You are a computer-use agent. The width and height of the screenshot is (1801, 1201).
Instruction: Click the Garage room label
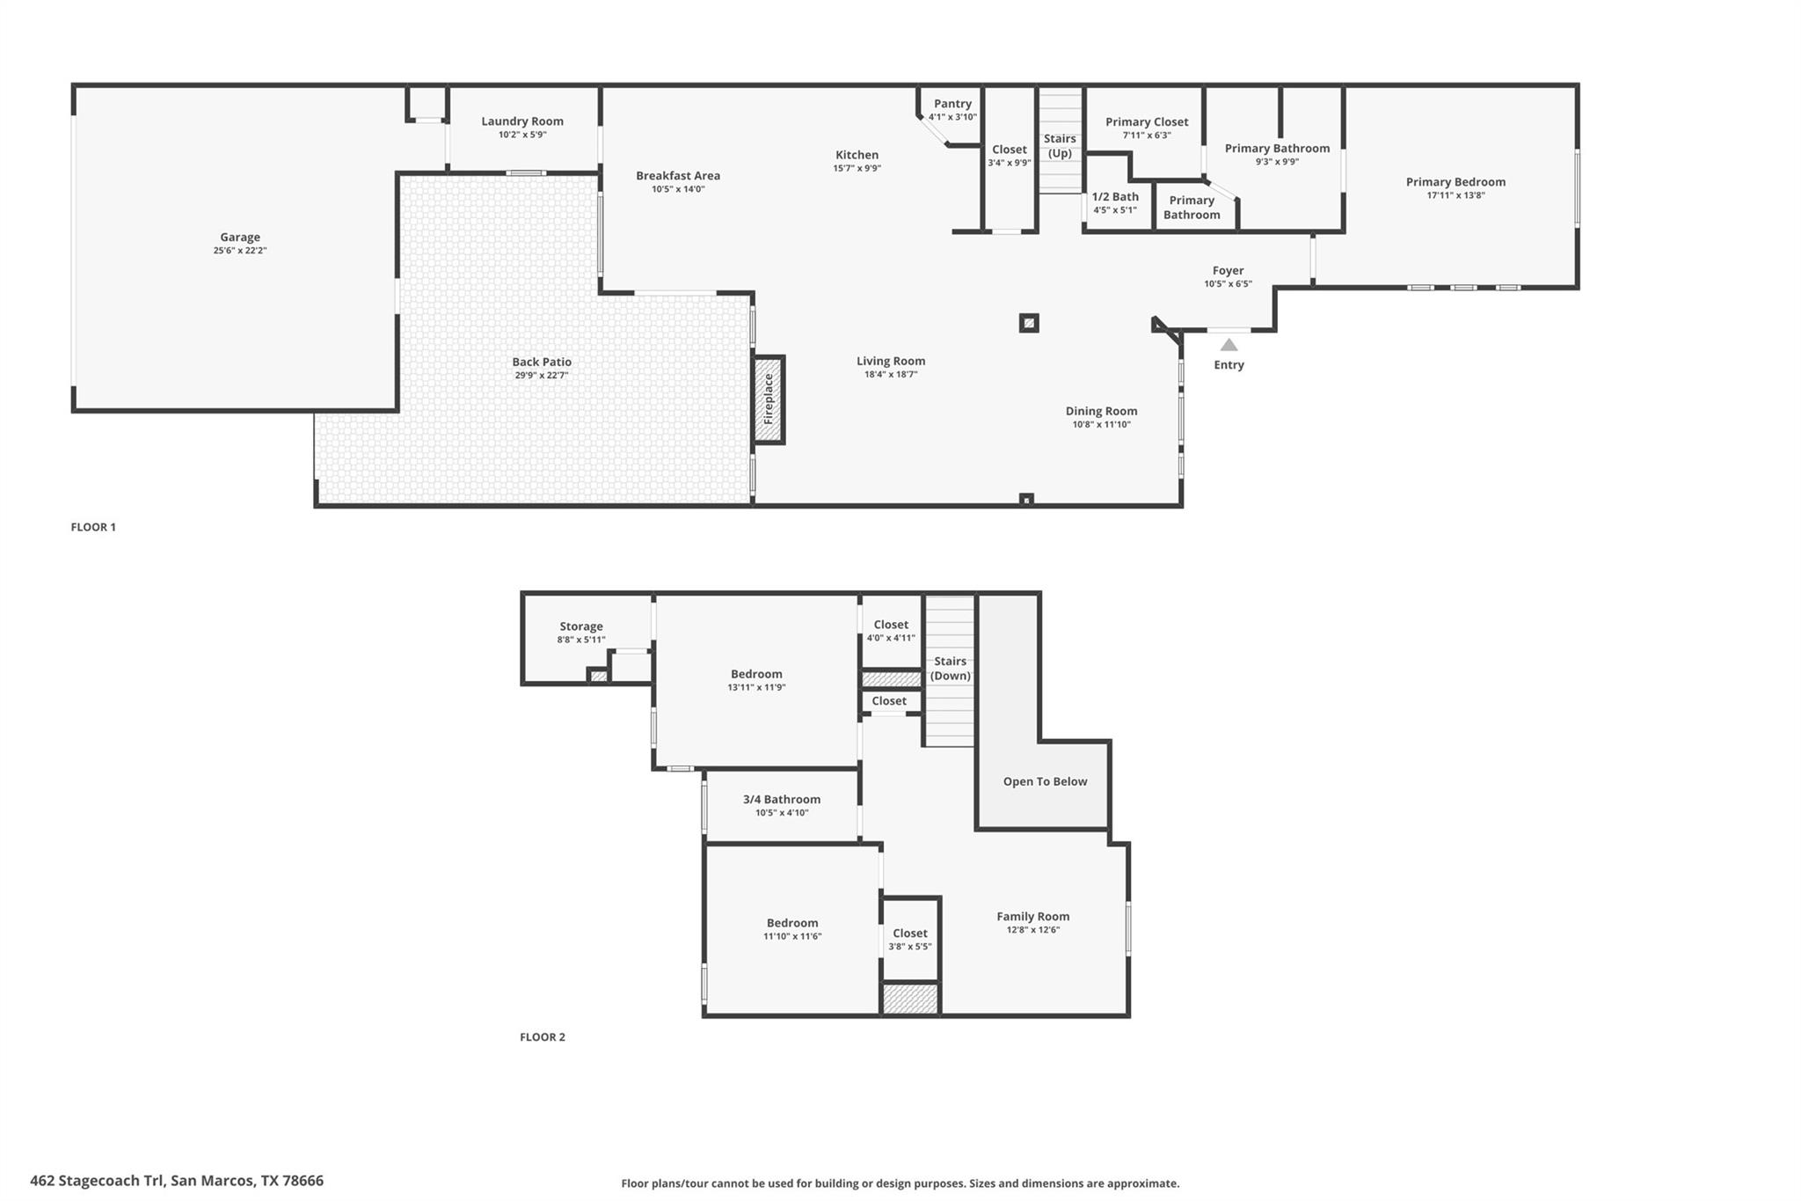point(239,237)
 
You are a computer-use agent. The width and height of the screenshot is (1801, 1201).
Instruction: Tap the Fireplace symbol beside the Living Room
point(768,399)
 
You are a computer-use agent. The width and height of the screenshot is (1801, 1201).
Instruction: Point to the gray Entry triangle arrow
point(1229,345)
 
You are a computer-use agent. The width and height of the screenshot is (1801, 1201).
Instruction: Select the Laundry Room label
point(522,121)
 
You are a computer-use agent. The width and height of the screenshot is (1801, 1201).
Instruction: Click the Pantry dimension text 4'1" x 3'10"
point(952,117)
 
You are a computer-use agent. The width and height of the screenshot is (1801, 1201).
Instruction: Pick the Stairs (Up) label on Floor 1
point(1060,146)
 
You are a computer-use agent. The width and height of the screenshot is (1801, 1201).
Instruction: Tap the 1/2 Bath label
point(1115,197)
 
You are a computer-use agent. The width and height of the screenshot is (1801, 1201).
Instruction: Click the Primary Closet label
point(1147,122)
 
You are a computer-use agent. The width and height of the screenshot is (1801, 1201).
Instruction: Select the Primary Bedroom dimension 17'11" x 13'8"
point(1455,195)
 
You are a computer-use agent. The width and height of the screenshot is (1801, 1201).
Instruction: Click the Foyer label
point(1228,271)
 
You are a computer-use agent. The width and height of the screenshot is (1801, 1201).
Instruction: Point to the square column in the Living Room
point(1029,323)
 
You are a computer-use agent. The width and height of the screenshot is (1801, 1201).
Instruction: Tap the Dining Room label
point(1101,411)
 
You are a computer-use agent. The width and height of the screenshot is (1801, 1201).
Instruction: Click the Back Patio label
point(542,362)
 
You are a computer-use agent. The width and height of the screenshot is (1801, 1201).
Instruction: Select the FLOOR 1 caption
point(93,527)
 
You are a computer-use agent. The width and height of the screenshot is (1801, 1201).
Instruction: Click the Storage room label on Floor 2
point(581,626)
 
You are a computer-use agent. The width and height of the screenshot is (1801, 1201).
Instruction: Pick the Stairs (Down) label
point(950,669)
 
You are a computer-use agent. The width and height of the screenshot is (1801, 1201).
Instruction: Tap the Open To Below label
point(1045,781)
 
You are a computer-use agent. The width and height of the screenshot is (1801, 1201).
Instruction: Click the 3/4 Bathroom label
point(782,800)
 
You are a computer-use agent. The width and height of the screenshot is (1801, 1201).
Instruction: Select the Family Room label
point(1032,916)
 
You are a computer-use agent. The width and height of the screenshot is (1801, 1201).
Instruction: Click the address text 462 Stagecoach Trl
point(97,1181)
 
